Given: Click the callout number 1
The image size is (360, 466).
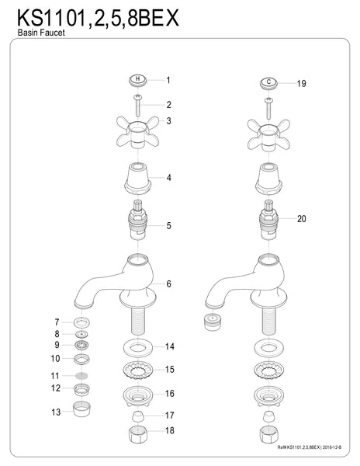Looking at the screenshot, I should [168, 79].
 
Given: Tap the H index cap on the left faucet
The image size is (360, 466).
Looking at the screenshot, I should [137, 79].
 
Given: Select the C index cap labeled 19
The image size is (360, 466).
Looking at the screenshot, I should [268, 82].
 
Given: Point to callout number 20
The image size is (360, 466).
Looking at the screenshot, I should [302, 219].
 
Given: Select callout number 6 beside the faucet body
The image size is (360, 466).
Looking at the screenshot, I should [168, 284].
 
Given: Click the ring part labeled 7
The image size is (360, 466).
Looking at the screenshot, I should [81, 322].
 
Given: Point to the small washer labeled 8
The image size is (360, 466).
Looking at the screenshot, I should [81, 334].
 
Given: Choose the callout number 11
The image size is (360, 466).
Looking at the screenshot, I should [55, 375].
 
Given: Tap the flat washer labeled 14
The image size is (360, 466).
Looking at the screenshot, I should [137, 346].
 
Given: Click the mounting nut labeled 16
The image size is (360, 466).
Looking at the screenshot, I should [137, 395].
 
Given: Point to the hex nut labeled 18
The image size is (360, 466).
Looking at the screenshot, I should [137, 430].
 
